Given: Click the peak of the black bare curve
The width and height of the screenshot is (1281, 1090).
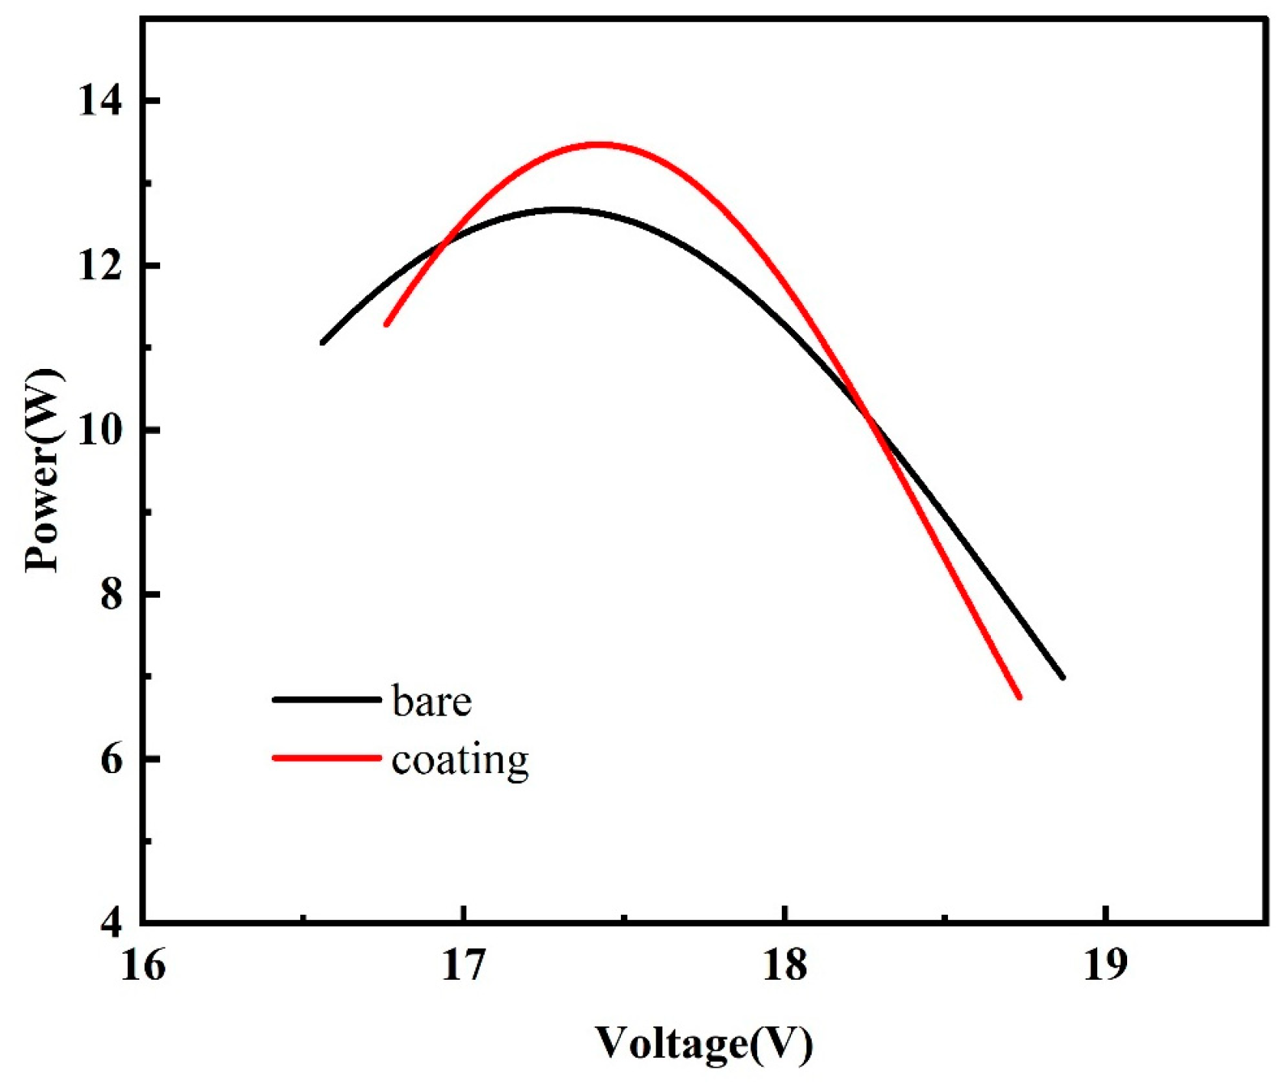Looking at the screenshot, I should click(562, 208).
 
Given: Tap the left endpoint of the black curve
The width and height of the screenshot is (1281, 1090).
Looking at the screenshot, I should click(322, 342).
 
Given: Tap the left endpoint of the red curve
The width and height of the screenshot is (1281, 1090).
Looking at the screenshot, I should click(387, 324).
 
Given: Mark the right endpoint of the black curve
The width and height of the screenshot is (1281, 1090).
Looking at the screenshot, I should click(1063, 677).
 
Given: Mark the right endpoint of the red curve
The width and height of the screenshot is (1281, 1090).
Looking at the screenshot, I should click(1019, 697).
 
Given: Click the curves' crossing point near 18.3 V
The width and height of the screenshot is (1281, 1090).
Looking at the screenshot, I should click(868, 416).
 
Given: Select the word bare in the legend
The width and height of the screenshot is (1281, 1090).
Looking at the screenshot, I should click(431, 700).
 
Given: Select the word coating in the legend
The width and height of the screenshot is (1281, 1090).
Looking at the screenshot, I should click(459, 760).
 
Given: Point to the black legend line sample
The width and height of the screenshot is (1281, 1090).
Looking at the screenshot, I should click(327, 700).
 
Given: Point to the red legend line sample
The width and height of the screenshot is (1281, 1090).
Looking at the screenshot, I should click(327, 758).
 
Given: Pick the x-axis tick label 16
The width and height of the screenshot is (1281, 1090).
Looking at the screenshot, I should click(142, 966).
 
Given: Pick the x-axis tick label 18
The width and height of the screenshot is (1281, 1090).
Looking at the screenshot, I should click(785, 966).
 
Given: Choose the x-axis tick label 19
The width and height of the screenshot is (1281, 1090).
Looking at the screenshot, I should click(1106, 966).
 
